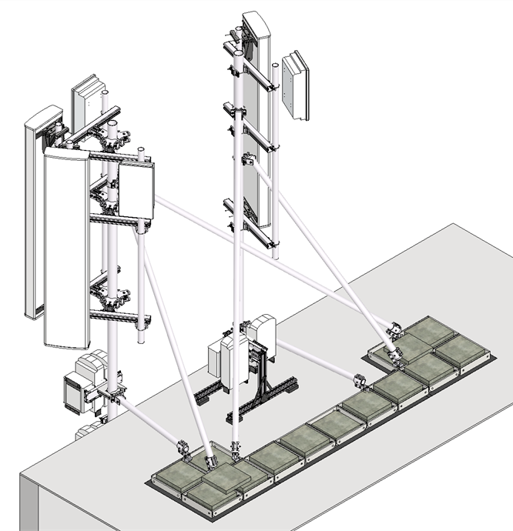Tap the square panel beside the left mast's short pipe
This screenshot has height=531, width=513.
tap(136, 191)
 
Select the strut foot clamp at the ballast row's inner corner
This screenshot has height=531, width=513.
tap(359, 380)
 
